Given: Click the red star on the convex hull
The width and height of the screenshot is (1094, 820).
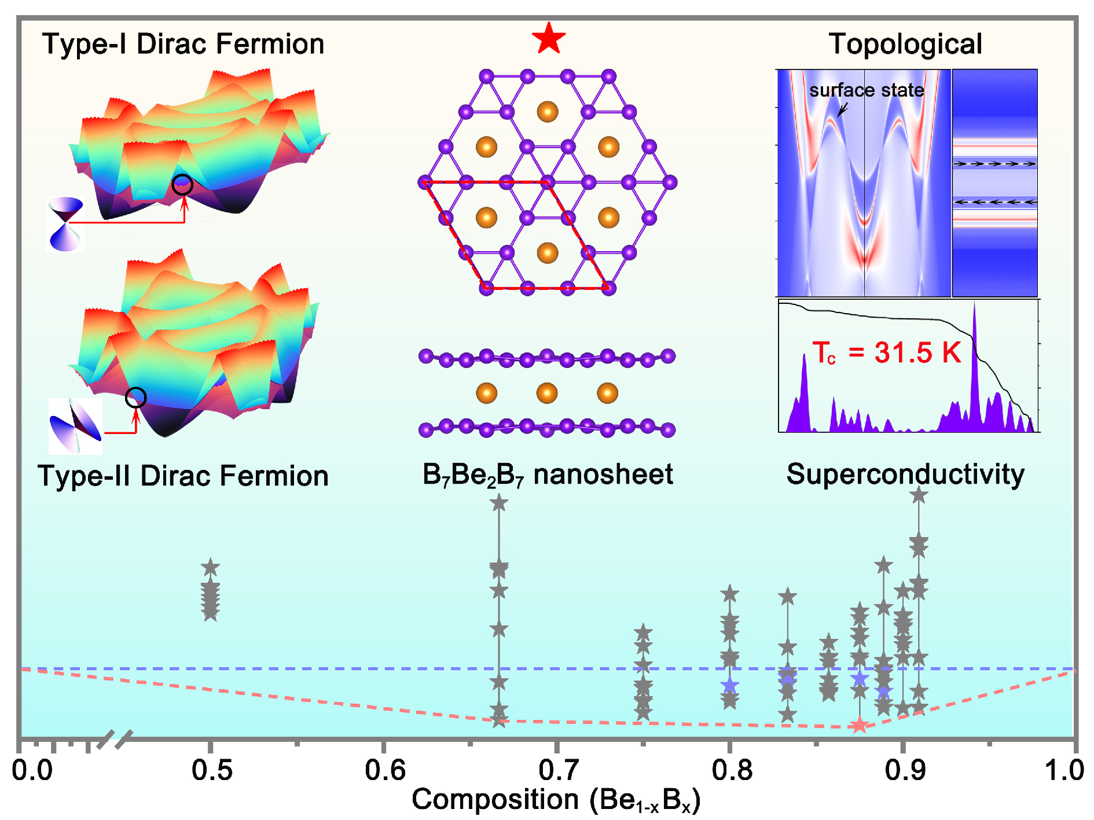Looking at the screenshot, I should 860,725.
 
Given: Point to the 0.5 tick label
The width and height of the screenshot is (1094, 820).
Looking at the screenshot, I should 211,770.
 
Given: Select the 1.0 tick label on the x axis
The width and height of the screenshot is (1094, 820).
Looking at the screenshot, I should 1064,770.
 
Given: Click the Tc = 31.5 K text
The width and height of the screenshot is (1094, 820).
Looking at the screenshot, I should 886,352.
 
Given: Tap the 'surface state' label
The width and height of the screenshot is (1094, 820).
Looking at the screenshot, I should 866,90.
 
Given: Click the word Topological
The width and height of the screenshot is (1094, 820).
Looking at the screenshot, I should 905,44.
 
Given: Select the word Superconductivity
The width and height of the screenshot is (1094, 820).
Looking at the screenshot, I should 905,474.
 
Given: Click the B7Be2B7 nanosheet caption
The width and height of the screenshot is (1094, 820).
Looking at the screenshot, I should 548,475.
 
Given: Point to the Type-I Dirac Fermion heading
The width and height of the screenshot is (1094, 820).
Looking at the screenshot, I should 183,44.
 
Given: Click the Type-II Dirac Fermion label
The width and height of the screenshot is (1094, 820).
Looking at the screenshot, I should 183,476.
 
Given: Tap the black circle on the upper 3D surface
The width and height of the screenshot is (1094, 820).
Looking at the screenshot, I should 183,185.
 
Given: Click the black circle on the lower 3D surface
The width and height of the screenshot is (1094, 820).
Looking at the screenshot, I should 136,398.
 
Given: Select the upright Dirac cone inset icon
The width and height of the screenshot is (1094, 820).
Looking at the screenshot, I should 65,224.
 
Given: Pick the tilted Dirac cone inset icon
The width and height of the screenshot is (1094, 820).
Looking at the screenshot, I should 76,426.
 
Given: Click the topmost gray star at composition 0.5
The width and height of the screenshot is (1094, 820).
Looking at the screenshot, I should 211,568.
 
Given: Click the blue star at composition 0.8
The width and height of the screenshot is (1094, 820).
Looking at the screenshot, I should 730,686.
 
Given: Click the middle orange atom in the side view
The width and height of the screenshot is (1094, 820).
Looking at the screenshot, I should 547,393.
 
